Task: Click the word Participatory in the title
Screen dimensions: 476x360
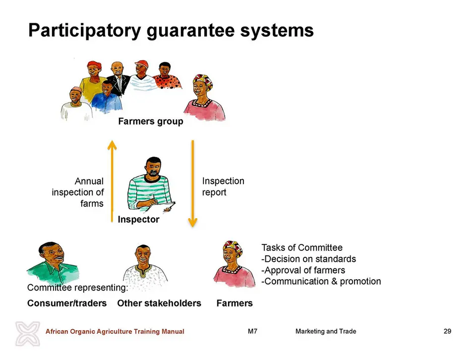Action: (x=85, y=31)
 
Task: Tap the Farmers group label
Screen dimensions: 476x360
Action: (x=151, y=121)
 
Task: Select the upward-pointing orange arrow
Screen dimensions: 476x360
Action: (x=112, y=181)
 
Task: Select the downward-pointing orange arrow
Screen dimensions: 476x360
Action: (x=193, y=183)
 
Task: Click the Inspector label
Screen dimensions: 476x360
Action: (x=138, y=219)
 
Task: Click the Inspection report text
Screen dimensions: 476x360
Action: (x=223, y=186)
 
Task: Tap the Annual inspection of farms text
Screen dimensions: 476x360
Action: (x=78, y=192)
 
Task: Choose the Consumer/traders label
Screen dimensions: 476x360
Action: (x=67, y=303)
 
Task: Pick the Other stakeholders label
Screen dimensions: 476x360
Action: (x=159, y=303)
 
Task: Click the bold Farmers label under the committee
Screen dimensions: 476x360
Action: (x=235, y=303)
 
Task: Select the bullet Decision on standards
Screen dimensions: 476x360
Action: (x=309, y=259)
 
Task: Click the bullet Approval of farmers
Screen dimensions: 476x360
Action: (x=303, y=270)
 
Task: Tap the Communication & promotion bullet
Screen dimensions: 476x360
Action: (x=321, y=281)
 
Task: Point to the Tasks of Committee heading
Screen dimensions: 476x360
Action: (x=302, y=248)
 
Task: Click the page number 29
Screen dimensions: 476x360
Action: (x=447, y=331)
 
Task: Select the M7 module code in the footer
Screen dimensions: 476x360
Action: (x=252, y=331)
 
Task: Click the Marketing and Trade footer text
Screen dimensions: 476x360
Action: (x=326, y=331)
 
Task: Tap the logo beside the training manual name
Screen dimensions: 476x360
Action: (x=28, y=333)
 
